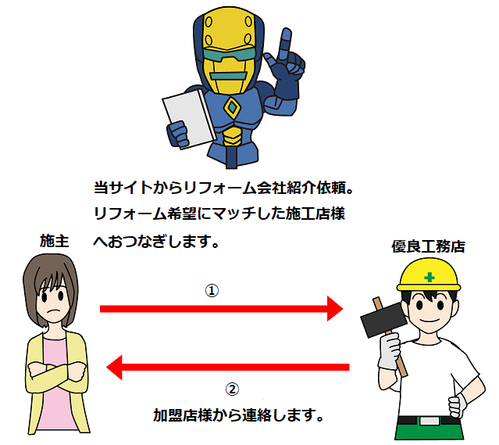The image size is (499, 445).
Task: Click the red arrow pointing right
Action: [x=222, y=309]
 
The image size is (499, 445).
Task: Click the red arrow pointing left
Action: [x=227, y=368]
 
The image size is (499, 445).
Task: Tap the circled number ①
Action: [x=212, y=290]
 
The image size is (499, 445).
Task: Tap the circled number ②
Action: [x=232, y=389]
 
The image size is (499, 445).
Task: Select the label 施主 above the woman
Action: [x=54, y=241]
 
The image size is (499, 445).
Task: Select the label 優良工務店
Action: [x=428, y=246]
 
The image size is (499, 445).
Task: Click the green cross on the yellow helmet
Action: [x=429, y=277]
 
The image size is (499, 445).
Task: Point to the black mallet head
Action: [x=383, y=320]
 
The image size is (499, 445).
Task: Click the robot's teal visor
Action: [x=229, y=56]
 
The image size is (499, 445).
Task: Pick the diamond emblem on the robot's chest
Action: [x=232, y=108]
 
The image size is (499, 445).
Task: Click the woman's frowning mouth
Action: [x=55, y=310]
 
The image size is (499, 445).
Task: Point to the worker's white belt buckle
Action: [x=429, y=421]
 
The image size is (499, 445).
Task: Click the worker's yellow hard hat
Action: [x=429, y=275]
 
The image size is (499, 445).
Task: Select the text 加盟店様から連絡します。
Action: [x=238, y=415]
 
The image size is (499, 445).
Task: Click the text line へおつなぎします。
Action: [x=156, y=242]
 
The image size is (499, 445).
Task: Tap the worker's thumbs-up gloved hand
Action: [x=457, y=405]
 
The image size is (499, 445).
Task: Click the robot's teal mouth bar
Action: [x=229, y=76]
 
